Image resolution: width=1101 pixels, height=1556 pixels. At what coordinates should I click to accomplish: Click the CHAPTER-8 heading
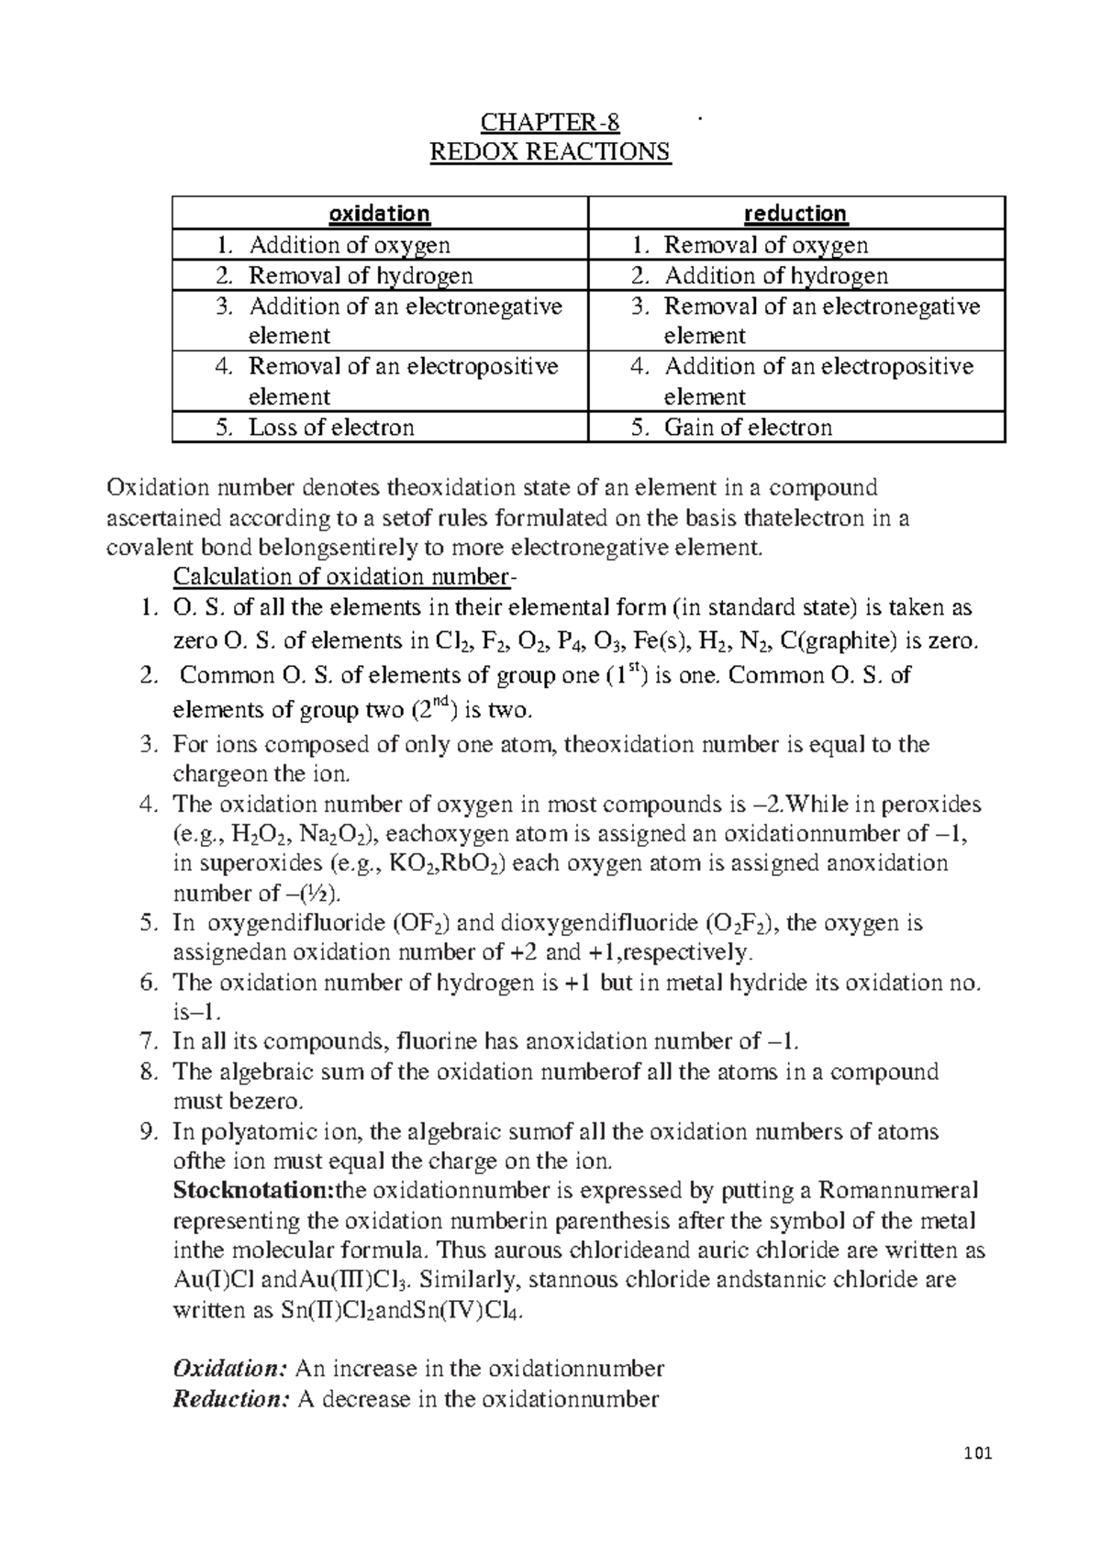(x=550, y=122)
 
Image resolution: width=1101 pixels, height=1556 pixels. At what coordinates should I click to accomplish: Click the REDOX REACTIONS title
(x=550, y=151)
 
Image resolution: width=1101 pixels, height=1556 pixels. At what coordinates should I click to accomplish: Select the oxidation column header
(x=380, y=214)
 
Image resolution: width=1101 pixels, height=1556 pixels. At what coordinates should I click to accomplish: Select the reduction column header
(x=795, y=214)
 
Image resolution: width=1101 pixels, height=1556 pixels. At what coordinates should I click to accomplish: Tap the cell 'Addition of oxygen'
(x=350, y=245)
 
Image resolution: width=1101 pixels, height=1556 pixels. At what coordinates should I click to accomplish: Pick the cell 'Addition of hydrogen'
(x=775, y=275)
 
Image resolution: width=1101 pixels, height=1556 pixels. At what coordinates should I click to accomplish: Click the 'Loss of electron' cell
(x=331, y=428)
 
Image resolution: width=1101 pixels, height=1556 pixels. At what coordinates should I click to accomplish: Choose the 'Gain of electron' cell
(x=748, y=428)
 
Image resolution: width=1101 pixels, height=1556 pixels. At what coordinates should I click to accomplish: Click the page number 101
(x=980, y=1452)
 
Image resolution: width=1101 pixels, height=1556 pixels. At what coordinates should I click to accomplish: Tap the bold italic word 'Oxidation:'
(x=230, y=1369)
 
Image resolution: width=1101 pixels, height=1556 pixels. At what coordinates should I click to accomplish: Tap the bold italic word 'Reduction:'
(x=231, y=1399)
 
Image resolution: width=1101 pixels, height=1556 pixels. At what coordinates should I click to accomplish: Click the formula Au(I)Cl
(x=216, y=1280)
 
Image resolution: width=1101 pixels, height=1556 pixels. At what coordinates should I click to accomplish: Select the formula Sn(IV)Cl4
(x=470, y=1311)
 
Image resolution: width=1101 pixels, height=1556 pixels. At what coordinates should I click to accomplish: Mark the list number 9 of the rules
(x=150, y=1131)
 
